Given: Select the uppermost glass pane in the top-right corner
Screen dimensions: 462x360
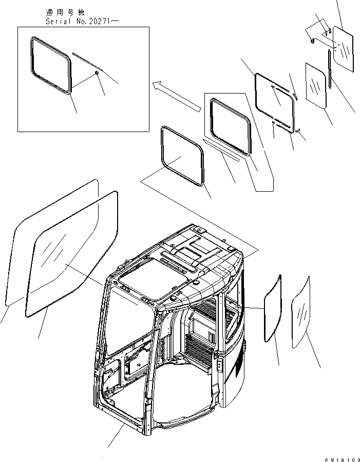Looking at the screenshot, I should tap(343, 49).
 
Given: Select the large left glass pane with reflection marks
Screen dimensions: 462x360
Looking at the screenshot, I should tap(72, 252).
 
